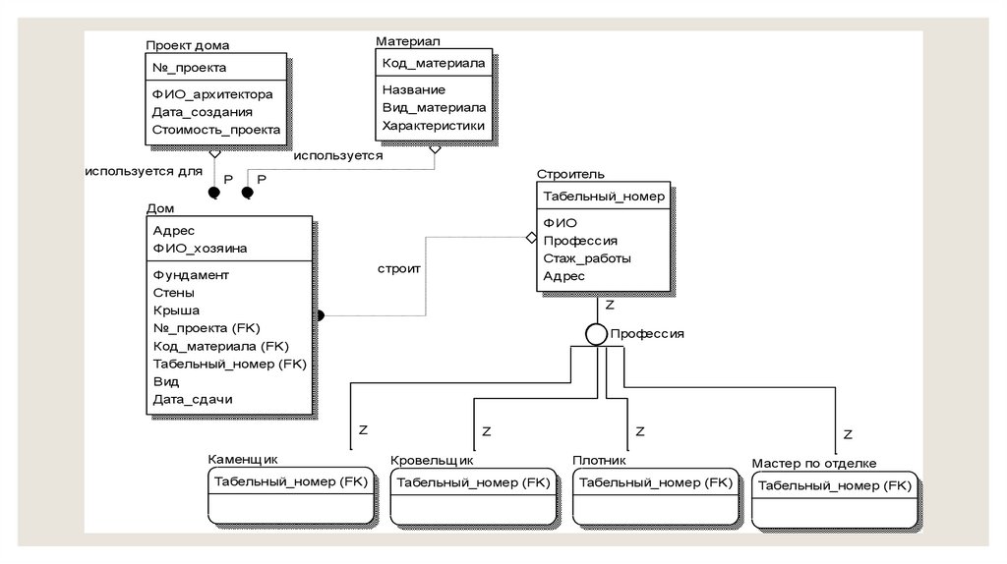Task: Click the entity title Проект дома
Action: [188, 45]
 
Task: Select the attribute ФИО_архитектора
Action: [212, 94]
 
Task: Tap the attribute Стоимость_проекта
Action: [216, 130]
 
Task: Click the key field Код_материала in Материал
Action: [433, 63]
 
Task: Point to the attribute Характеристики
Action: [434, 125]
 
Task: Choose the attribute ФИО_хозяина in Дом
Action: [200, 248]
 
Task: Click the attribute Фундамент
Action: [191, 275]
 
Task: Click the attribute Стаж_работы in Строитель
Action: [586, 258]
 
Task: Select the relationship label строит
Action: [399, 268]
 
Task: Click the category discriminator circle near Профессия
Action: [596, 334]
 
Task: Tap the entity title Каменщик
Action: [243, 459]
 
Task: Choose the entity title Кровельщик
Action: [432, 460]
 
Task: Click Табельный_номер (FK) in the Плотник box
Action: [653, 482]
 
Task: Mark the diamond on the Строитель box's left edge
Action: [531, 238]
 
